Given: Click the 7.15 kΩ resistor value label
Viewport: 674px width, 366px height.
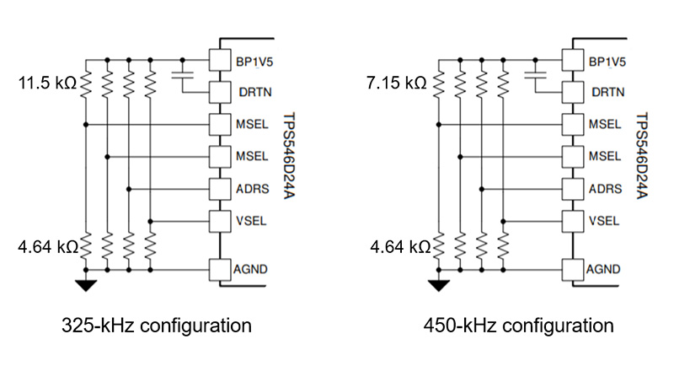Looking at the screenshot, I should click(x=397, y=83).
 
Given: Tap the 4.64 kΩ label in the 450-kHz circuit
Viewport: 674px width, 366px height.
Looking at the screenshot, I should click(x=397, y=248).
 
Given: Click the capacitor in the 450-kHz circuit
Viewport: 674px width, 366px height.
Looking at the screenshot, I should click(x=533, y=77).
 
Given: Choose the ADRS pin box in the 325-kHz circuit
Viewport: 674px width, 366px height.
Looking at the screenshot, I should click(x=220, y=189).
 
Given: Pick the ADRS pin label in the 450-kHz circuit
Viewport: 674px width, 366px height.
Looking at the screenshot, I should click(x=603, y=189).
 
